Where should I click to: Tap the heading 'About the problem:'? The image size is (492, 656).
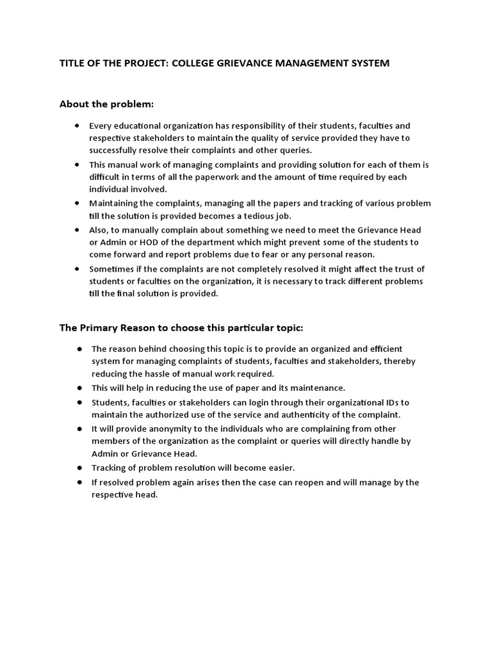click(x=107, y=104)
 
